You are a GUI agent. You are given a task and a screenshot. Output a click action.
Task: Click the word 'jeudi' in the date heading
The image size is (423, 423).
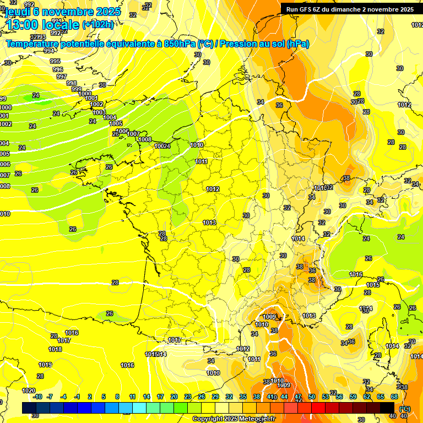(x=17, y=12)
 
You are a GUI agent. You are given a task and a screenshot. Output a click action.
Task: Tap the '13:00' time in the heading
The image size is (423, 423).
(x=23, y=25)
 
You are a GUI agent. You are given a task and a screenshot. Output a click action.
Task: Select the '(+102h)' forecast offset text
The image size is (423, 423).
(x=97, y=25)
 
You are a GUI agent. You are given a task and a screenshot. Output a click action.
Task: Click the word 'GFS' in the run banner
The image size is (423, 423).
(x=306, y=9)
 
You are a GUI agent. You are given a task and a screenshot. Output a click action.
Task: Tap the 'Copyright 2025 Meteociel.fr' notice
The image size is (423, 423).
(x=234, y=419)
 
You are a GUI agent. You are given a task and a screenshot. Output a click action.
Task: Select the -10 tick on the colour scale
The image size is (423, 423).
(x=37, y=397)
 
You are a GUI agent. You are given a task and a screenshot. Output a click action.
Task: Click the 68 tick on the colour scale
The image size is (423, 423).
(x=394, y=397)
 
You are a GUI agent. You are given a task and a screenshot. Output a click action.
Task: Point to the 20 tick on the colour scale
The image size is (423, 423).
(x=173, y=397)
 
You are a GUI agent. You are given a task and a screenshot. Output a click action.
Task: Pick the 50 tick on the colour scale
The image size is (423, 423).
(x=312, y=397)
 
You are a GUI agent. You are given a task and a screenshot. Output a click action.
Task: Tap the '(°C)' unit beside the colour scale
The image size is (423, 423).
(x=404, y=409)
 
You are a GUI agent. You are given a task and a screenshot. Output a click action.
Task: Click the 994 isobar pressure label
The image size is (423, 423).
(x=49, y=51)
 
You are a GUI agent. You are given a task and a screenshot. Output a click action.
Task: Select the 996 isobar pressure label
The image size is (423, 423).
(x=58, y=69)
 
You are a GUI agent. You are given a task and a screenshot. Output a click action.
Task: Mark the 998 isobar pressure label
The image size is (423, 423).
(x=72, y=83)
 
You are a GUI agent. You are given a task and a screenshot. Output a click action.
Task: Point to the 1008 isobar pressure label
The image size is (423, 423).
(x=145, y=139)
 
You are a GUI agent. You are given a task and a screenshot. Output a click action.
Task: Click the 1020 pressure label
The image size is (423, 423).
(x=29, y=390)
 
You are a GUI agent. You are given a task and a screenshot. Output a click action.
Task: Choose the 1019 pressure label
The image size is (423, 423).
(x=45, y=365)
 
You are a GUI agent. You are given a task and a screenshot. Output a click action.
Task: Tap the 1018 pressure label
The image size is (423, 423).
(x=55, y=349)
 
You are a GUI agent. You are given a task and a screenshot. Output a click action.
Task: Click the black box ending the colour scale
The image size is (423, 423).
(x=387, y=408)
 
